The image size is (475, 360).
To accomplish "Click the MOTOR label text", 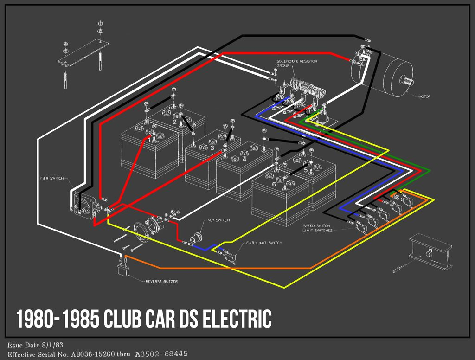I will coord(424,96).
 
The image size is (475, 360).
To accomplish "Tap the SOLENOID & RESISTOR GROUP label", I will coord(290,64).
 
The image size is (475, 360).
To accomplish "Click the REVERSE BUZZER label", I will coord(161,281).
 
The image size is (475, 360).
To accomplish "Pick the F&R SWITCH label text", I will coord(52,178).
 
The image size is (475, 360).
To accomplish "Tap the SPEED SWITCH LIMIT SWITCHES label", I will coord(317,228).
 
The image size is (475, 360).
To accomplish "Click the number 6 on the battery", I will coord(274,184).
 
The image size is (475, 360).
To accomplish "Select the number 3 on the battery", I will coord(212,148).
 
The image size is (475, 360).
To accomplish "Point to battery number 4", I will coord(244,159).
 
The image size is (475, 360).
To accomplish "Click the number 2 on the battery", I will coord(175,122).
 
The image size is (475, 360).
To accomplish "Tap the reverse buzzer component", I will coord(123,269).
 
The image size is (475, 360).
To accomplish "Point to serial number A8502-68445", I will coord(161,354).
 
